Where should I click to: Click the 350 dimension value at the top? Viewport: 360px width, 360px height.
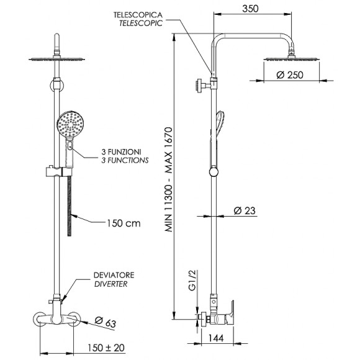coord(250,9)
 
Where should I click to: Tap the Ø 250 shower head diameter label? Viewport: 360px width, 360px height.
coord(290,75)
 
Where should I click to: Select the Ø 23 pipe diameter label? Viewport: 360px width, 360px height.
coord(245,210)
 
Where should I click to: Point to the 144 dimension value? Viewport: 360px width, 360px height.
coord(216,338)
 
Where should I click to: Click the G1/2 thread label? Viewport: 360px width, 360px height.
coord(192,280)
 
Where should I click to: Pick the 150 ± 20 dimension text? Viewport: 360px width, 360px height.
coord(106,348)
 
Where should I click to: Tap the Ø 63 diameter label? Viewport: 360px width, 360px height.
coord(106,322)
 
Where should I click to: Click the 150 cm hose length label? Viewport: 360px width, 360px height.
coord(124,223)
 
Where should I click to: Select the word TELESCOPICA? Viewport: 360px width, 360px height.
coord(138,15)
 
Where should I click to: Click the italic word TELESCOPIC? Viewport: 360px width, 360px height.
coord(141,23)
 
